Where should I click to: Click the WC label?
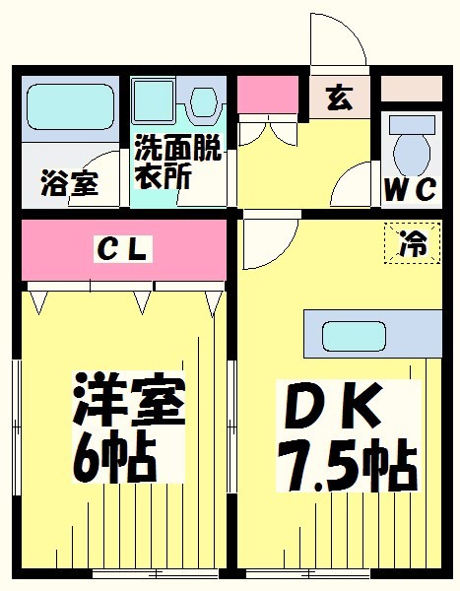[410, 189]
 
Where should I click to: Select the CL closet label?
[122, 250]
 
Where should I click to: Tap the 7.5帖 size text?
[345, 463]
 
